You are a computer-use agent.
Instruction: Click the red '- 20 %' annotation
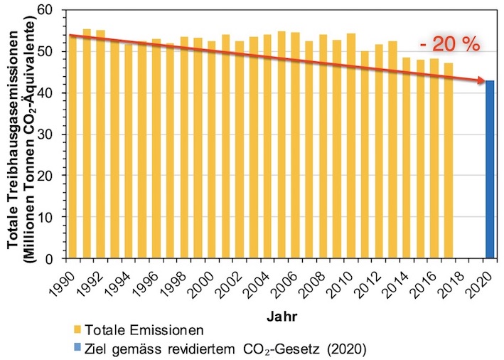click(450, 44)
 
